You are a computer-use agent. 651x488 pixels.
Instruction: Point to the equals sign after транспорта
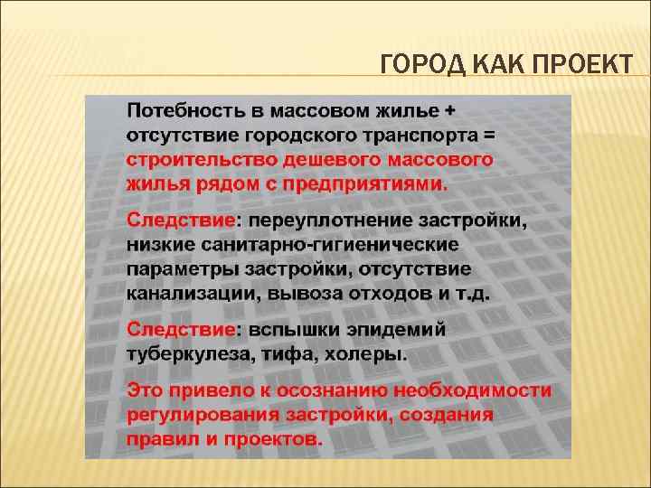[x=490, y=136]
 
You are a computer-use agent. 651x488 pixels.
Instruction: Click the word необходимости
[x=474, y=391]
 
